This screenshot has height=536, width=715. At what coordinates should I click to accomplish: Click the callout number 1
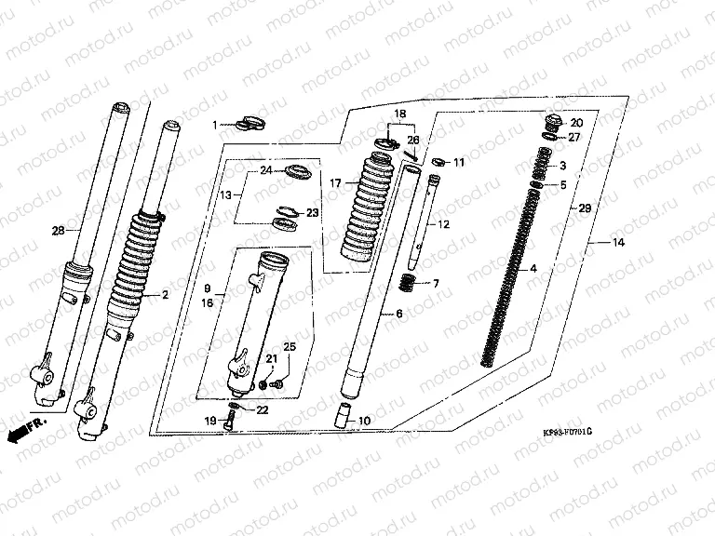(x=214, y=124)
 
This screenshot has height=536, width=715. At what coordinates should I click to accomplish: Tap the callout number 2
(x=165, y=295)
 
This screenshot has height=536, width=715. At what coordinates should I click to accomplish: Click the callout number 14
(x=618, y=243)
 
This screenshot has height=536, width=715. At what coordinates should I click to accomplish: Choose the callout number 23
(x=312, y=213)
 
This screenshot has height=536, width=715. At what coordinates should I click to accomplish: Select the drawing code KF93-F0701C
(x=567, y=433)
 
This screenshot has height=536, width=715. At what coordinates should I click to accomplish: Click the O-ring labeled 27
(x=550, y=137)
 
